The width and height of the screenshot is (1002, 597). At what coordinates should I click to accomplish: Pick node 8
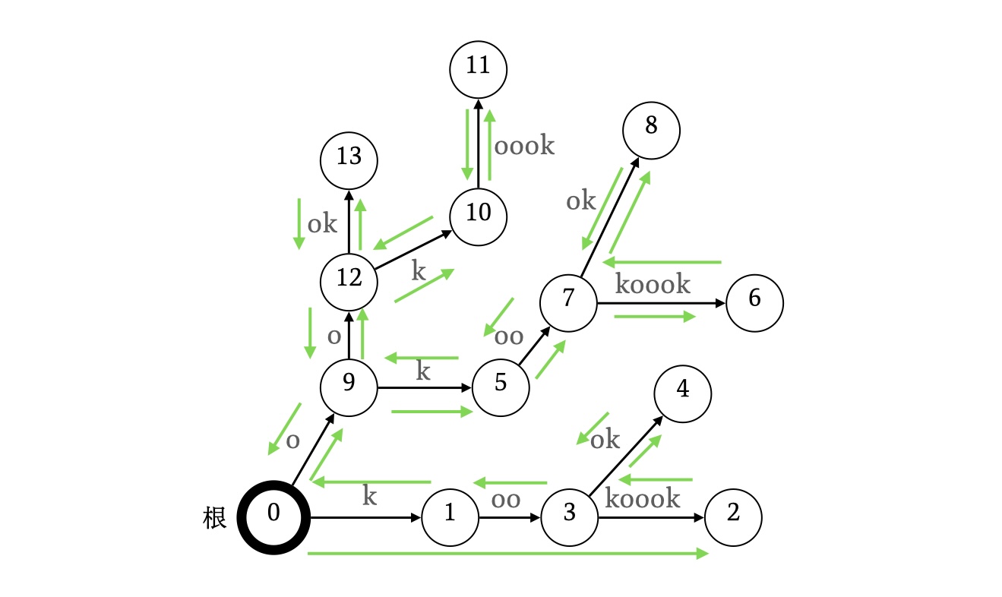[x=651, y=128]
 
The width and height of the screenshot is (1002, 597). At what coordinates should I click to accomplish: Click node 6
[x=754, y=302]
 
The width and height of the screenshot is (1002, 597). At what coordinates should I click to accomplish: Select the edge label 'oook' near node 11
[x=524, y=145]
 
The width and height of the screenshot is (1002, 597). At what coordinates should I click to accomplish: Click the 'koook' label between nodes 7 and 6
[x=653, y=285]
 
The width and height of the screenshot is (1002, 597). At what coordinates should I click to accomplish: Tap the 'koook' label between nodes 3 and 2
[x=642, y=499]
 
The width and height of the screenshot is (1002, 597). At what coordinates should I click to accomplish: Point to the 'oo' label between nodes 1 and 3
[x=506, y=501]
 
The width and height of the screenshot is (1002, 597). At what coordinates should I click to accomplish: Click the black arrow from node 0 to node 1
[x=365, y=518]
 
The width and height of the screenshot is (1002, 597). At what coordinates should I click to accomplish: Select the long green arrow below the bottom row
[x=507, y=554]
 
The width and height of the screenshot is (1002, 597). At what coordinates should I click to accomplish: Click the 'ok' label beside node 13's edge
[x=322, y=224]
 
